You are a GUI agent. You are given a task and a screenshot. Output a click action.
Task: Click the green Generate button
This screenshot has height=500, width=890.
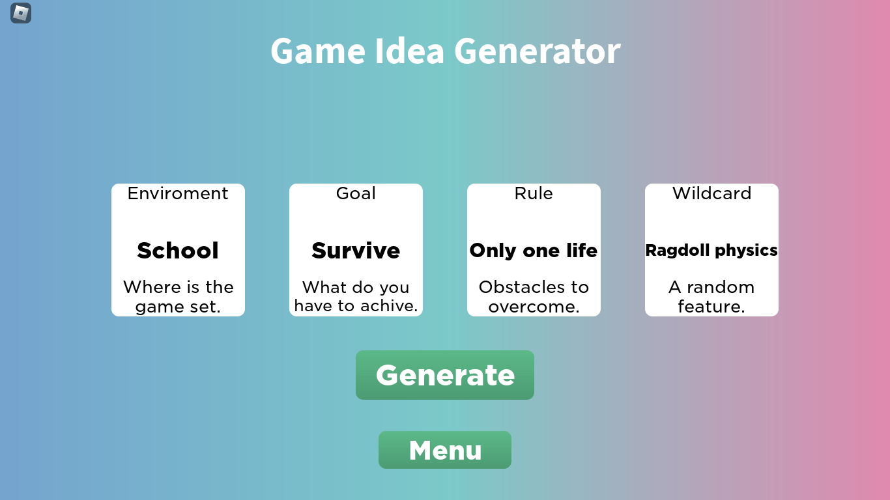tap(445, 375)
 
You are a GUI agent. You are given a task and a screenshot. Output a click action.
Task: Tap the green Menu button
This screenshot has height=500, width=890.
tap(445, 450)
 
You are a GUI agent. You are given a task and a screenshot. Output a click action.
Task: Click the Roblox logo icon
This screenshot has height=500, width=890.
tap(21, 13)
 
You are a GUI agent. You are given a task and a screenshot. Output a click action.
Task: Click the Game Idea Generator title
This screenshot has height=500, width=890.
tap(445, 51)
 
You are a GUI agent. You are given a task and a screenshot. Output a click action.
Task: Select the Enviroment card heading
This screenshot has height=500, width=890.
tap(178, 193)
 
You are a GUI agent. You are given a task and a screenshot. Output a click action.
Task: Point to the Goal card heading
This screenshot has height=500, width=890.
tap(356, 193)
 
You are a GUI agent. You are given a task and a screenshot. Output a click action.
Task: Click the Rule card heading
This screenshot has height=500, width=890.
tap(534, 193)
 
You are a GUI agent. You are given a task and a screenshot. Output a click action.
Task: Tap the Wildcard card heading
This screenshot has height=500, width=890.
tap(711, 193)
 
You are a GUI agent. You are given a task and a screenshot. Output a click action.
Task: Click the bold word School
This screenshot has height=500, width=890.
tap(178, 251)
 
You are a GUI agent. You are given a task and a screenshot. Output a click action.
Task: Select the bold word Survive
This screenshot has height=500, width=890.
tap(356, 251)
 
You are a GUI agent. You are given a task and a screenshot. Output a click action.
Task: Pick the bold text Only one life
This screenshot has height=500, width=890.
tap(534, 251)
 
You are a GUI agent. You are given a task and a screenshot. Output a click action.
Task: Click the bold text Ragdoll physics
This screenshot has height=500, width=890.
tap(711, 251)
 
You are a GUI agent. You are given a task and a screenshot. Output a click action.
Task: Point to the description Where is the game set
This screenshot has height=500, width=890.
tap(178, 297)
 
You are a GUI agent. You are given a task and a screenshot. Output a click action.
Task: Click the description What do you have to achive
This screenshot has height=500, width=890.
tap(356, 297)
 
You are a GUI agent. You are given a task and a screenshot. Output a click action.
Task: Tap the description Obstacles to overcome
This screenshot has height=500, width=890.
tap(534, 297)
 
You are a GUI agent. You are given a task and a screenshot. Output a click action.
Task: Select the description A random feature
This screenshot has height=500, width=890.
tap(711, 297)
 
